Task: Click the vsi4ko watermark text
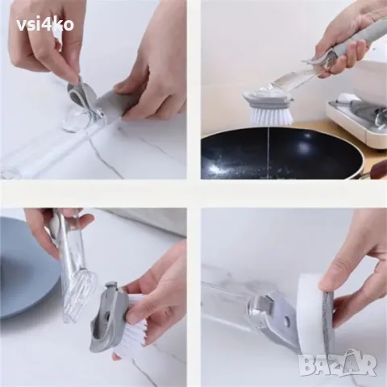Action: click(x=45, y=25)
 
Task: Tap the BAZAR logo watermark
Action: click(x=337, y=363)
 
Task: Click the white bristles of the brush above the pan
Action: click(x=270, y=114)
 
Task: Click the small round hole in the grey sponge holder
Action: click(x=287, y=321)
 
